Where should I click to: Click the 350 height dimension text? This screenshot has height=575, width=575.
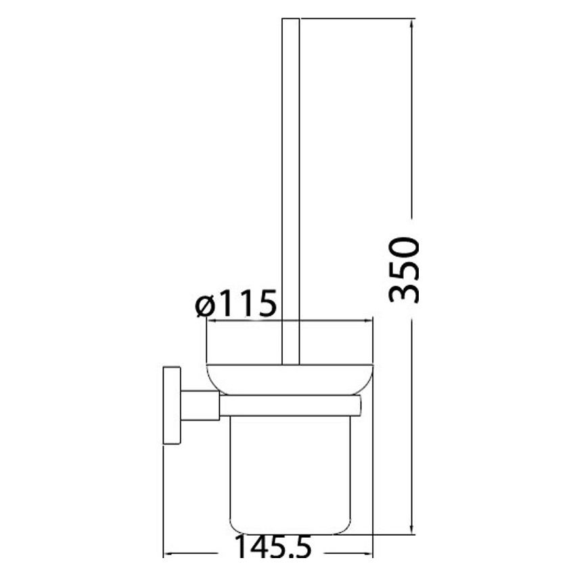(405, 269)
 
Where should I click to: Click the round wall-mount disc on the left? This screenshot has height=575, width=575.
(171, 406)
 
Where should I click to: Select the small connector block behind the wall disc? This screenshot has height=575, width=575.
(200, 405)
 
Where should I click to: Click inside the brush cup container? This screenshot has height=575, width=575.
(290, 474)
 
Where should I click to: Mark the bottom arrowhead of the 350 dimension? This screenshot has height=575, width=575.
(412, 529)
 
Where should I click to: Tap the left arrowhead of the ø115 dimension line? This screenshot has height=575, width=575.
(210, 321)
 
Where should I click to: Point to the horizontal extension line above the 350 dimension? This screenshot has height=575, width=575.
(352, 19)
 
